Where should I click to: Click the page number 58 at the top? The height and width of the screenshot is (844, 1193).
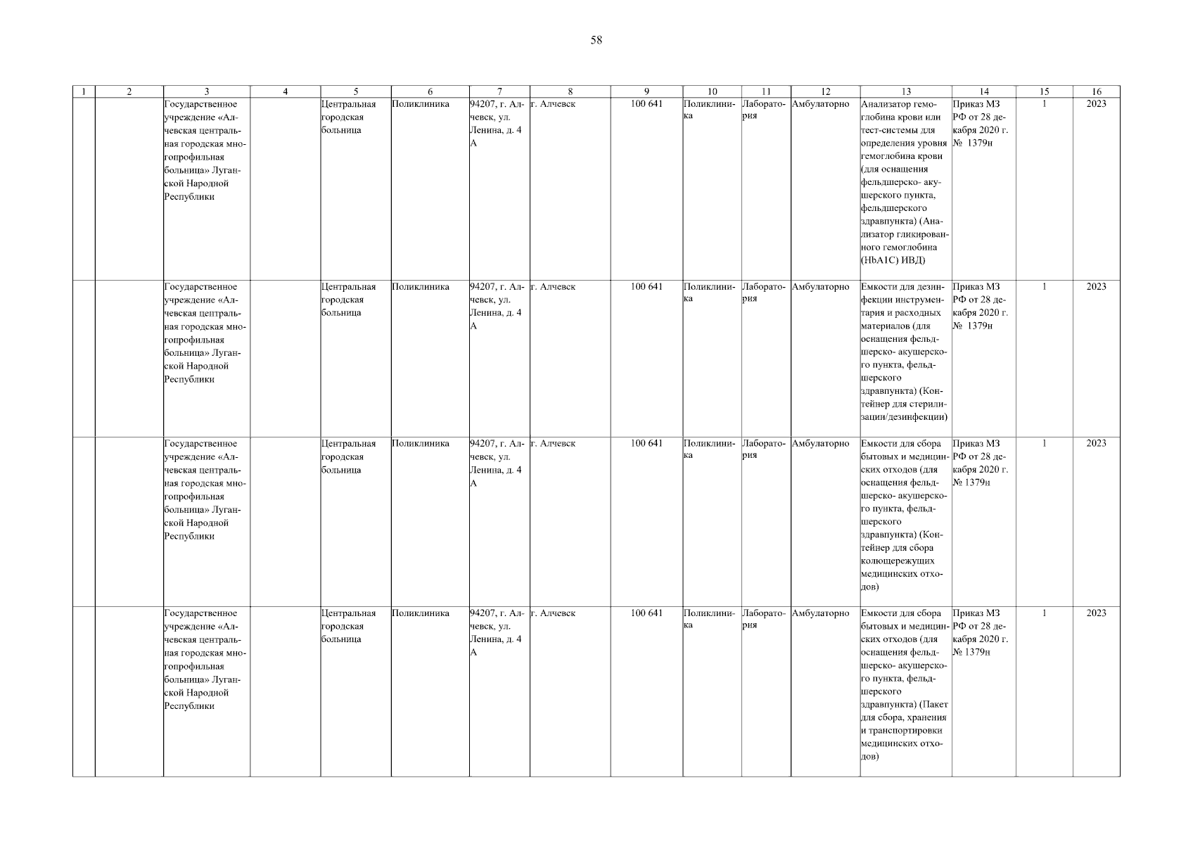596,40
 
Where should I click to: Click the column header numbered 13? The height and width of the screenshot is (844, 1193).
905,91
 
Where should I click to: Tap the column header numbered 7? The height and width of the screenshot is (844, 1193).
499,91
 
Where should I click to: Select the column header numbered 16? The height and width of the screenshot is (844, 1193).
1096,91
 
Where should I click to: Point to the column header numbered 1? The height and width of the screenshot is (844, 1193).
84,91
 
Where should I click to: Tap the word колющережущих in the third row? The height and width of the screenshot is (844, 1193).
897,561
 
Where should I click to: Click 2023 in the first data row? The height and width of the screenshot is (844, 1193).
1096,104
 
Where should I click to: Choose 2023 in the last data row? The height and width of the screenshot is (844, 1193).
1096,613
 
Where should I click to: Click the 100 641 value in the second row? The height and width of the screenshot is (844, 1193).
646,287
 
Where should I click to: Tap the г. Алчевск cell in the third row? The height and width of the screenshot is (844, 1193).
553,444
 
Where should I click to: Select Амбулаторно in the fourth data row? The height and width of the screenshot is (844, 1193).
820,613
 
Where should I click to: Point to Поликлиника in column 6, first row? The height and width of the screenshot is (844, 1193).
421,104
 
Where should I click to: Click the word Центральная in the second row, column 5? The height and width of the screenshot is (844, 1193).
348,287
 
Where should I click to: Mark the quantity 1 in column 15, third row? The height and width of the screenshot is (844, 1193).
1044,444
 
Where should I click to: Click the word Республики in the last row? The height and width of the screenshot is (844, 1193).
189,706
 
